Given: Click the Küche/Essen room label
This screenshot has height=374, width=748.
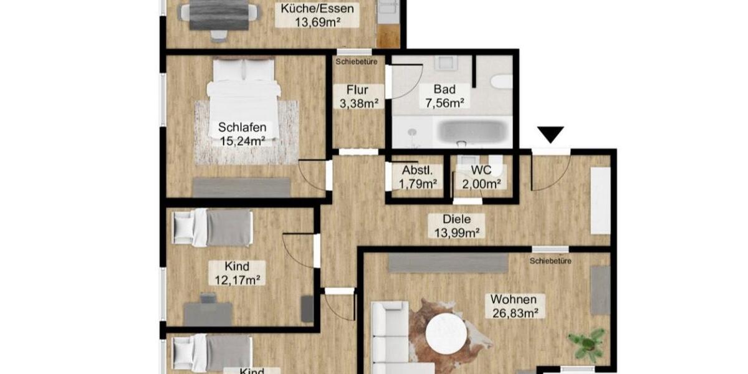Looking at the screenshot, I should [317, 9].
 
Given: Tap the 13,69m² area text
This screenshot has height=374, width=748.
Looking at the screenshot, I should [317, 22].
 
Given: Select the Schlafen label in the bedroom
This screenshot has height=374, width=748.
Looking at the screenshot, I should [237, 128].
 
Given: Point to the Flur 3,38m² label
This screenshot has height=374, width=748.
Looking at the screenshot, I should [358, 97].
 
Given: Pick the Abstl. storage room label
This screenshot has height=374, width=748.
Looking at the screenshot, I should [418, 171].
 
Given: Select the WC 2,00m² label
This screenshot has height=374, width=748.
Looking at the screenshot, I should [481, 176].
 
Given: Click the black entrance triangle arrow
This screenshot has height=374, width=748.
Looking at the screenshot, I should [550, 134].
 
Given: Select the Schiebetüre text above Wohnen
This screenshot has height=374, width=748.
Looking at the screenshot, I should [550, 261].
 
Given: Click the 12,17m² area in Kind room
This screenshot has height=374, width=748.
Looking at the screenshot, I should [237, 280].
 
